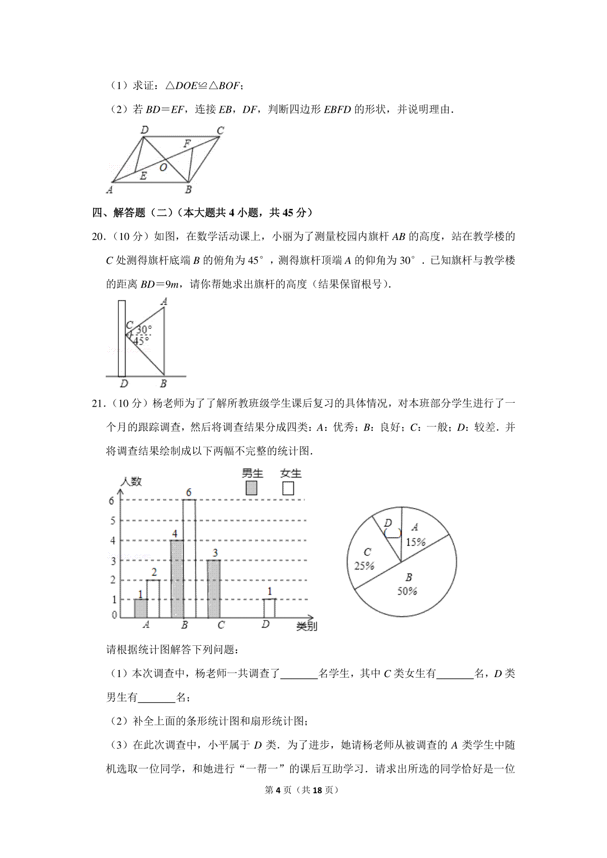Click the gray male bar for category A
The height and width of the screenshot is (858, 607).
pos(141,608)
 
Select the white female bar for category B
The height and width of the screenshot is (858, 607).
pos(189,558)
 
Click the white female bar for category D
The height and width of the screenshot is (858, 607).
pos(269,608)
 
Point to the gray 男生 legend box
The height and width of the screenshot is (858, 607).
pos(251,488)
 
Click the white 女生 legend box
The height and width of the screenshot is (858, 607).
pos(288,488)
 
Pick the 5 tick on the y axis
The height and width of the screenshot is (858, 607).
pos(113,520)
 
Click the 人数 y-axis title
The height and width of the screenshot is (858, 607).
pos(131,481)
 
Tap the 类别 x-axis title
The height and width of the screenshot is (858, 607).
pos(307,626)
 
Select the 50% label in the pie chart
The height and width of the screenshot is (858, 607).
pos(407,591)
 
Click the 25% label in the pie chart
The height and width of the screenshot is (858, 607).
pos(364,565)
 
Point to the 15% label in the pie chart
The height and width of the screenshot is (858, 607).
pos(416,542)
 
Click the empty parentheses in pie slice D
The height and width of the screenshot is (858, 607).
pos(393,533)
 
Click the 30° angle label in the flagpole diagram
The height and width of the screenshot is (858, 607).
pos(144,329)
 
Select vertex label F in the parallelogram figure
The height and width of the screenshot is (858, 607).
pos(187,144)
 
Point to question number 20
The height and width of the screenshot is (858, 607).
pos(98,236)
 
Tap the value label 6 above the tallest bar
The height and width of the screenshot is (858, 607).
pos(189,492)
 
